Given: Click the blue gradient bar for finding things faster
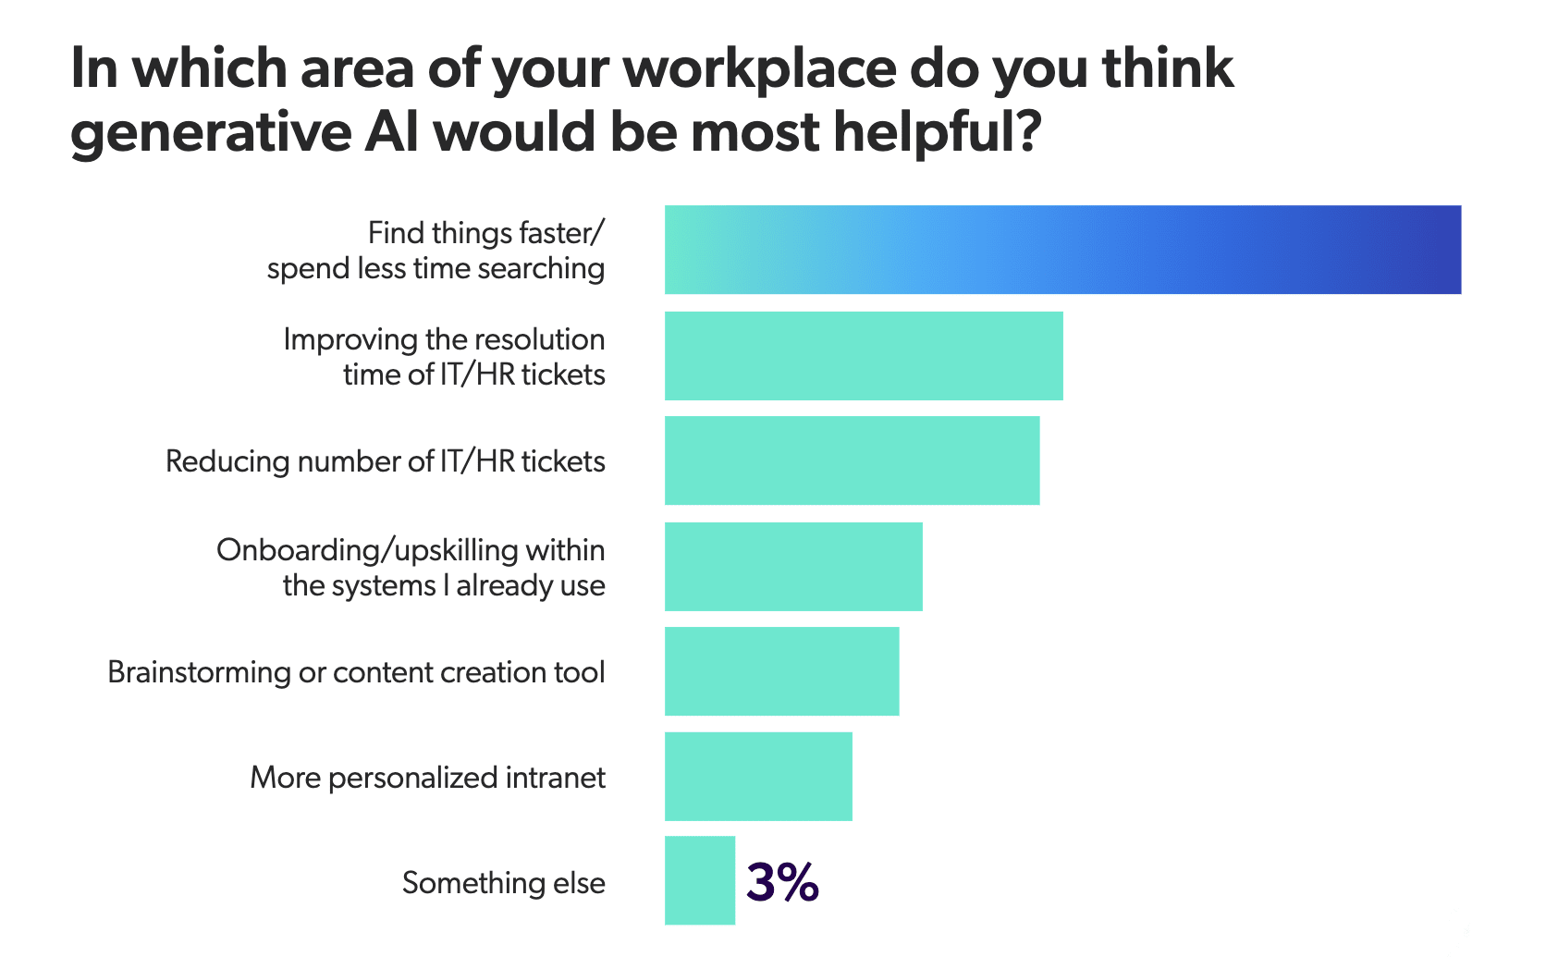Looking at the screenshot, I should (1062, 250).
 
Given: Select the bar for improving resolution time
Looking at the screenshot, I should (864, 356).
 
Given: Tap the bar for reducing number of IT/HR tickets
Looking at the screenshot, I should (852, 460).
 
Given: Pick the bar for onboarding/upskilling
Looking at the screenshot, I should (793, 567).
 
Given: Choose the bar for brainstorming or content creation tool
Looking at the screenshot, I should (781, 671).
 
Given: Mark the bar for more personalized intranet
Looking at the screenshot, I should (758, 777).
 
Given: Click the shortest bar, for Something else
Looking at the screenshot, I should (700, 881).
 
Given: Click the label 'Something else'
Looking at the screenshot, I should (504, 883).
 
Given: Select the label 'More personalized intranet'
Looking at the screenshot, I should (427, 778).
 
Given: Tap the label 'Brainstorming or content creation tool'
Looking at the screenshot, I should (356, 672).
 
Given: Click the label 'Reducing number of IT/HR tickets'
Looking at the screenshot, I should (385, 461).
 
